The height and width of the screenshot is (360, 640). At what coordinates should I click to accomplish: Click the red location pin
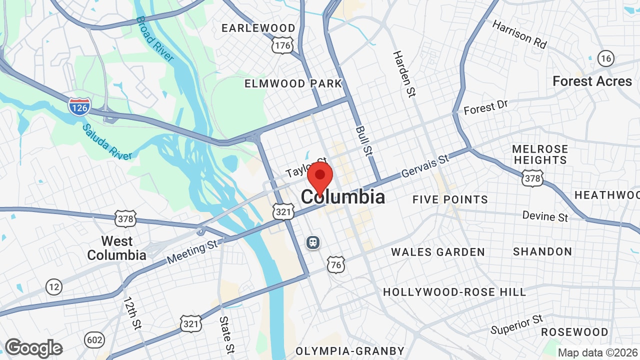(x=320, y=176)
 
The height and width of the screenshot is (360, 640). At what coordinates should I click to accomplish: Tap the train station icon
(x=313, y=242)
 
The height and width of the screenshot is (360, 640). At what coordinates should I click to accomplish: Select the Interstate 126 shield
(x=79, y=106)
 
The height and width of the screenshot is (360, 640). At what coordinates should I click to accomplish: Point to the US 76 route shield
(x=336, y=264)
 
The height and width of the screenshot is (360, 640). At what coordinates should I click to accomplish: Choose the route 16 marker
(x=606, y=58)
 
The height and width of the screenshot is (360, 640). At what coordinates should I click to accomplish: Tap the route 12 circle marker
(x=54, y=286)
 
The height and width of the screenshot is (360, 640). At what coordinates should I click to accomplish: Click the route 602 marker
(x=94, y=340)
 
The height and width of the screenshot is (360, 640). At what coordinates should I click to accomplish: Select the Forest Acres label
(x=592, y=81)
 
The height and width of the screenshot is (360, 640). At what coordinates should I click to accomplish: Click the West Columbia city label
(x=116, y=248)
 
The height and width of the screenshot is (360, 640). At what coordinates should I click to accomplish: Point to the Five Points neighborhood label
(x=450, y=199)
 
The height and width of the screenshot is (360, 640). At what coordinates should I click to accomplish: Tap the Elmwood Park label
(x=293, y=83)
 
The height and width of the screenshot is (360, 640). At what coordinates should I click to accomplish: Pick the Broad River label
(x=155, y=38)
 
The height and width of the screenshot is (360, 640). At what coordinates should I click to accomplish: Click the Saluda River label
(x=107, y=142)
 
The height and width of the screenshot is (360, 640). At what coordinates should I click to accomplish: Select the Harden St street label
(x=404, y=73)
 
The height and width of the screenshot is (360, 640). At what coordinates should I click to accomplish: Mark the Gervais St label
(x=425, y=166)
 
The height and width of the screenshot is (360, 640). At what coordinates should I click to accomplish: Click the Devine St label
(x=545, y=216)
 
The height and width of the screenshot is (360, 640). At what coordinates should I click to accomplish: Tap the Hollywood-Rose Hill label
(x=454, y=292)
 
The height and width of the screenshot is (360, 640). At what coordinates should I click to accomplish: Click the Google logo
(x=34, y=348)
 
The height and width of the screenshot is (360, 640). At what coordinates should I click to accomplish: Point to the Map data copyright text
(x=597, y=352)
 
